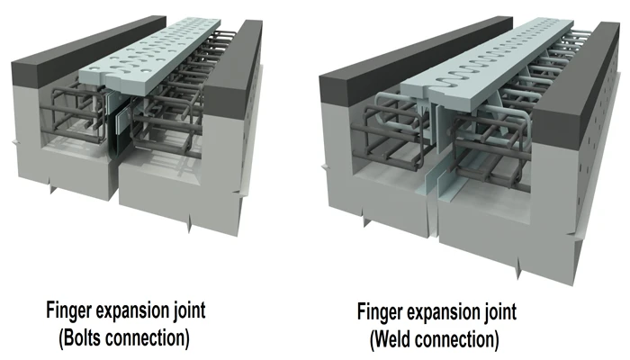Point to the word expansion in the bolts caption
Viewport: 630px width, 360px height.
(x=132, y=311)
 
